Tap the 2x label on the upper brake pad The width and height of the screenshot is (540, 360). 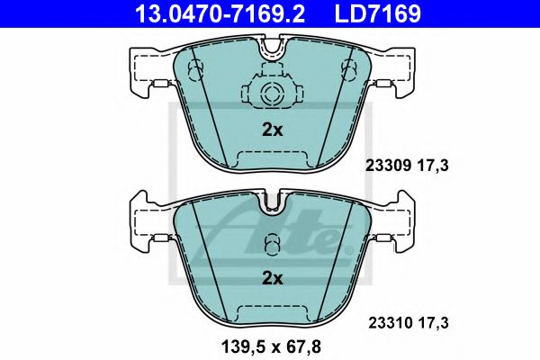(x=271, y=130)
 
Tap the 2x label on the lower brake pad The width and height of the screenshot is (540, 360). (x=271, y=279)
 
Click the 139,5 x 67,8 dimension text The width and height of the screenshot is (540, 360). (x=271, y=345)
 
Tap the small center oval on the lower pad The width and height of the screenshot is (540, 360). (x=271, y=246)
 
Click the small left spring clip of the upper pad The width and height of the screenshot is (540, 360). (x=159, y=86)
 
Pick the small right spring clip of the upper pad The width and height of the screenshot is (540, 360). (x=383, y=86)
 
